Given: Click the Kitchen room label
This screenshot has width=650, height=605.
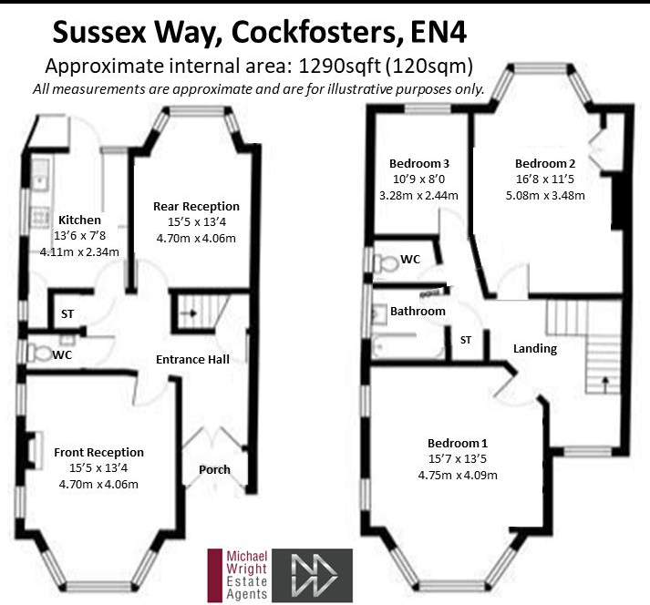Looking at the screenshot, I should click(x=79, y=220).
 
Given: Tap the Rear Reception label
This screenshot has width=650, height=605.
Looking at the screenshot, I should click(x=196, y=207).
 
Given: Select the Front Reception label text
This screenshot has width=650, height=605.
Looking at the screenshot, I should click(x=98, y=452).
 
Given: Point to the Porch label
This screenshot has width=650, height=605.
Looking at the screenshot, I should click(x=215, y=470).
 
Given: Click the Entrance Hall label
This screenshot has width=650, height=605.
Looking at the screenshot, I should click(x=191, y=359).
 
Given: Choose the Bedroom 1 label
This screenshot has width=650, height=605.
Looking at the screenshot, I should click(x=458, y=442).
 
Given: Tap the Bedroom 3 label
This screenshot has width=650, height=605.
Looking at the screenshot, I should click(x=414, y=163).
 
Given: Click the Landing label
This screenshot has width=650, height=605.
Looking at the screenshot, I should click(x=535, y=348).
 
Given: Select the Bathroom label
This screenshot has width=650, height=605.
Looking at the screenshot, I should click(x=418, y=311).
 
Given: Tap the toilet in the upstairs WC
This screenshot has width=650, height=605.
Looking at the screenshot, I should click(x=386, y=261).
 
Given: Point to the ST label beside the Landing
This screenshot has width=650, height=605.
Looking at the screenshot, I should click(x=466, y=340).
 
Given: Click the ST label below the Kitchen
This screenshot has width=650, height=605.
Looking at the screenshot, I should click(x=67, y=313).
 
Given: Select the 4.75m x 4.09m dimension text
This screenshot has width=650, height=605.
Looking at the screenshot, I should click(x=458, y=475).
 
